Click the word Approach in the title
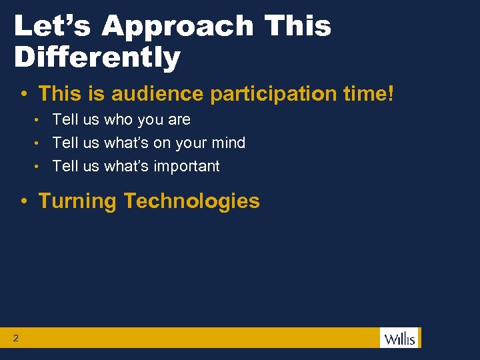point(178,27)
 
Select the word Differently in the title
point(97,57)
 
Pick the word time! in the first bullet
point(372,93)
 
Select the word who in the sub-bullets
point(118,120)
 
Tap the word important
point(186,166)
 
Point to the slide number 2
point(15,339)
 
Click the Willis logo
point(399,338)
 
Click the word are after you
point(179,120)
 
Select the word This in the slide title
point(298,27)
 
